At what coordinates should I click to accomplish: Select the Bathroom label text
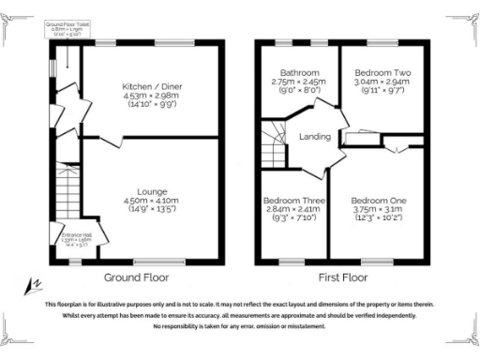pyautogui.click(x=296, y=72)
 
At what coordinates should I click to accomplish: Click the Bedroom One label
pyautogui.click(x=378, y=201)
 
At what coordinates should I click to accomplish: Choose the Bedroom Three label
pyautogui.click(x=294, y=201)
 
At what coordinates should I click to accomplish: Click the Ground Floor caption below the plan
pyautogui.click(x=136, y=277)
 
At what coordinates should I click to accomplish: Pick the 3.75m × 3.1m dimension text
pyautogui.click(x=378, y=210)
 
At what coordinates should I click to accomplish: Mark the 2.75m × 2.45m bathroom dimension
pyautogui.click(x=296, y=82)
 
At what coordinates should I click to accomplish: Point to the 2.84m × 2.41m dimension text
pyautogui.click(x=294, y=210)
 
